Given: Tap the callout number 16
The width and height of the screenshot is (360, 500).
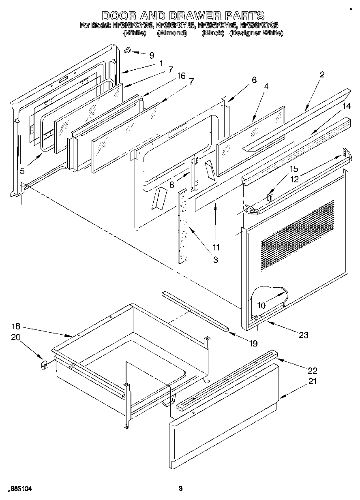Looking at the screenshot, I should [181, 76].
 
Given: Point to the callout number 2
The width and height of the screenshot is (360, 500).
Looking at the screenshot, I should [322, 75].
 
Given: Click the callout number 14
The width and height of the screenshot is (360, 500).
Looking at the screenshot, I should [346, 106].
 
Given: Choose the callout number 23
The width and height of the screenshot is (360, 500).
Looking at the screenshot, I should [303, 335].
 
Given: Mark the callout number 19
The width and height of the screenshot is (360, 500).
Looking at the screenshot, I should [253, 344].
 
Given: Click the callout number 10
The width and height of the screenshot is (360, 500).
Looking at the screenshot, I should [261, 305].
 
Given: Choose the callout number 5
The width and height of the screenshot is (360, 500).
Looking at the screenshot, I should [22, 171].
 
